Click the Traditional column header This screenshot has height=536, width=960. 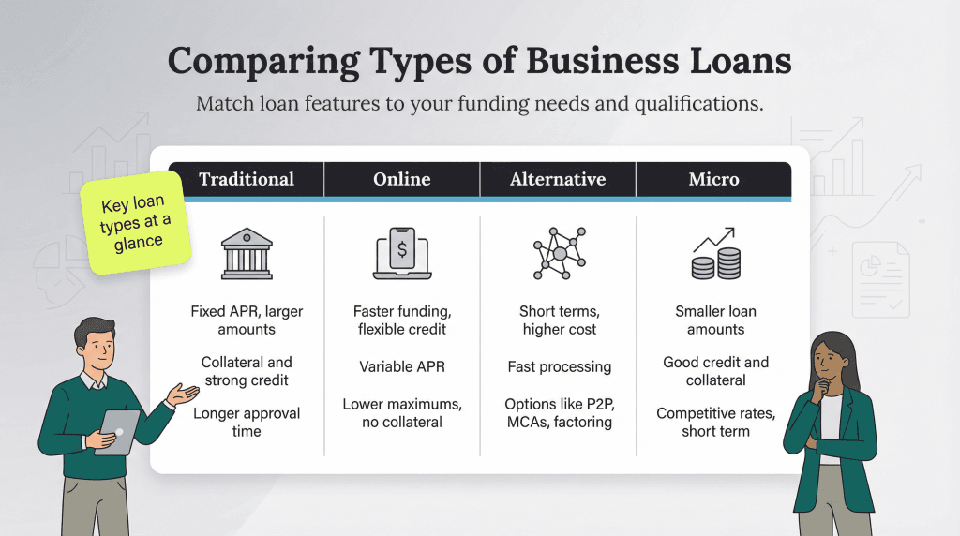click(x=247, y=179)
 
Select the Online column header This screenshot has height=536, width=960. click(x=402, y=179)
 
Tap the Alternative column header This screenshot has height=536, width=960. click(x=558, y=179)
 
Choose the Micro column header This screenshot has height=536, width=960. click(x=714, y=179)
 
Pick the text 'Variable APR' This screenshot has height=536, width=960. click(x=402, y=366)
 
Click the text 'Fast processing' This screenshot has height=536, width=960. click(x=559, y=366)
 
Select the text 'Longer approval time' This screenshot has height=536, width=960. click(x=247, y=423)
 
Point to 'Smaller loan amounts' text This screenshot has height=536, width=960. click(x=715, y=320)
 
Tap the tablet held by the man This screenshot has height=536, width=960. click(x=117, y=431)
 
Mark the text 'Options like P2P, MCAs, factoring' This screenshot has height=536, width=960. click(x=559, y=413)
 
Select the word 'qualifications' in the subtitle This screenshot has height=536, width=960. click(x=695, y=103)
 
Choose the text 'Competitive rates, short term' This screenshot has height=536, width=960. click(x=715, y=423)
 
